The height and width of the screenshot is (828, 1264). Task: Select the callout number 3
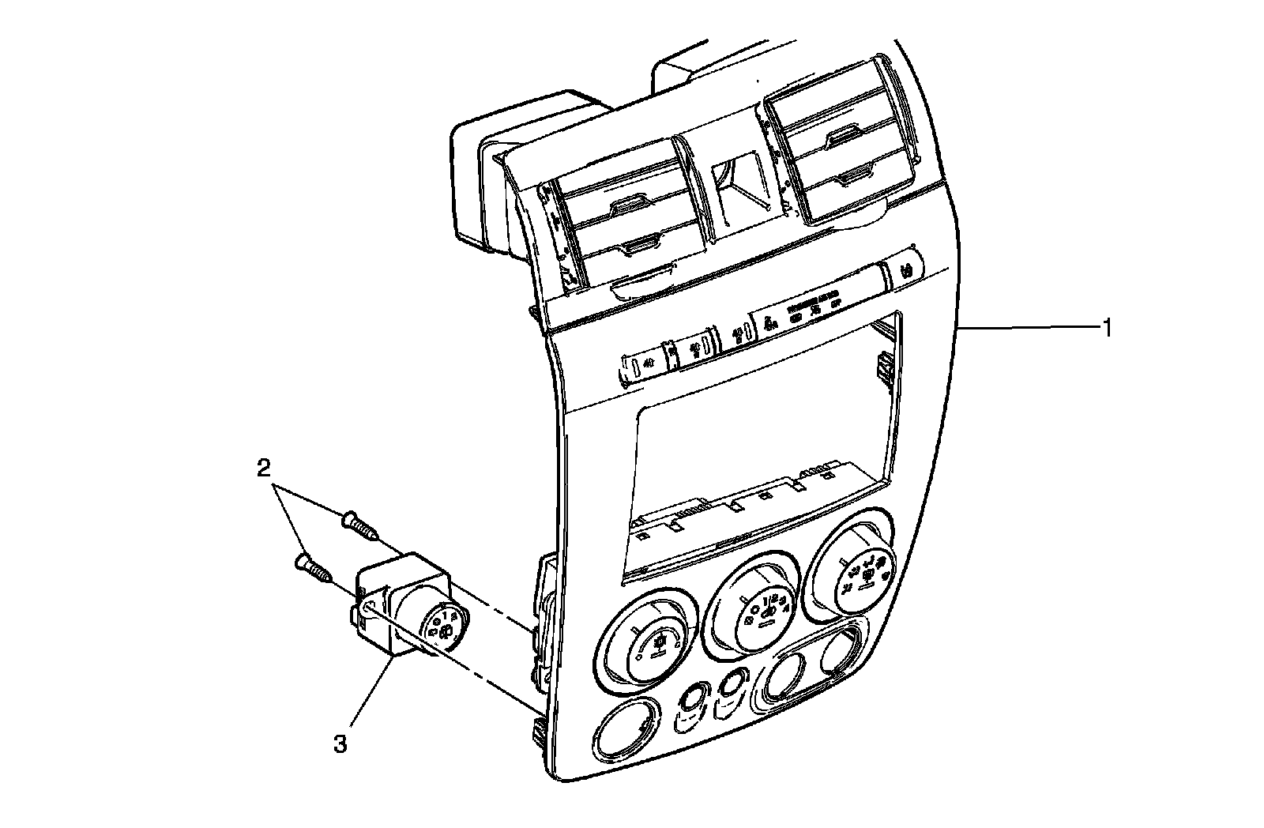pos(340,743)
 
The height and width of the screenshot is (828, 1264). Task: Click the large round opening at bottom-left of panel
pos(624,728)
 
